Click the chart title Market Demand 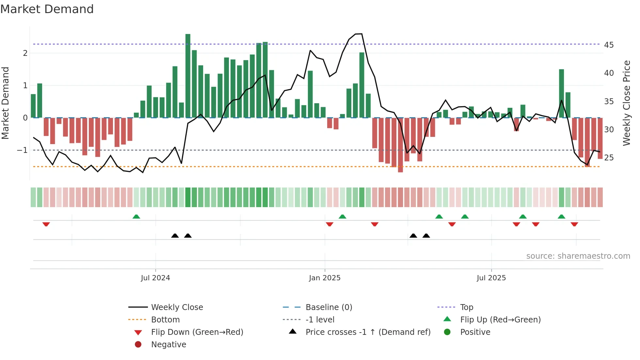(47, 9)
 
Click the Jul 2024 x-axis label (155, 278)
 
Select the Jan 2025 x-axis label (325, 278)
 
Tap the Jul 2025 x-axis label (491, 278)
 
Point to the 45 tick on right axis (609, 45)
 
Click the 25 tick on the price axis (609, 158)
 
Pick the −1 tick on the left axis (23, 150)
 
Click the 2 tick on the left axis (25, 53)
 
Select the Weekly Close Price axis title (626, 103)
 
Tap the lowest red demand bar (400, 145)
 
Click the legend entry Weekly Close (177, 307)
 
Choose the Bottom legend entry (165, 320)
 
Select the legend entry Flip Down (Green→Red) (197, 332)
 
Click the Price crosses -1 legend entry (368, 332)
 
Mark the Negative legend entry (168, 345)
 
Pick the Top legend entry (466, 307)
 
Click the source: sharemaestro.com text (578, 256)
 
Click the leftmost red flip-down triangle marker (46, 224)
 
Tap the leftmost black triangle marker (175, 236)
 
